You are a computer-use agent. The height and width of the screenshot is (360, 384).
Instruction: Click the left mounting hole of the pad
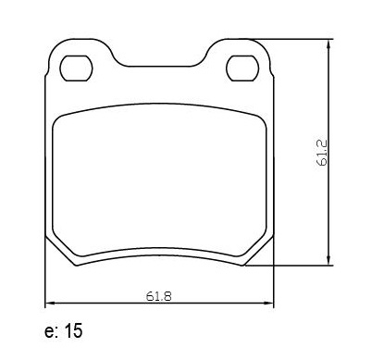[76, 68]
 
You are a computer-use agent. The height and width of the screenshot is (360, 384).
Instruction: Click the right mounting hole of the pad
[242, 68]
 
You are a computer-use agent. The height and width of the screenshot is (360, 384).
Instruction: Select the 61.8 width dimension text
[158, 296]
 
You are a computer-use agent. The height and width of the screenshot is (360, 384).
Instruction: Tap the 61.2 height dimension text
[323, 153]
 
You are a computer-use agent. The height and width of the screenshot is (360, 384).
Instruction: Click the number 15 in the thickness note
[73, 331]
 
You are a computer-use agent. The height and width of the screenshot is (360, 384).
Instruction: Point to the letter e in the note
[49, 332]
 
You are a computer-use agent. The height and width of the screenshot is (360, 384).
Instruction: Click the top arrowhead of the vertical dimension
[328, 43]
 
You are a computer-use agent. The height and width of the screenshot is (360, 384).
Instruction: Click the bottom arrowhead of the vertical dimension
[328, 261]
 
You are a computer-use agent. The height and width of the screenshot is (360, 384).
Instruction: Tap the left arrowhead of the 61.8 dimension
[50, 304]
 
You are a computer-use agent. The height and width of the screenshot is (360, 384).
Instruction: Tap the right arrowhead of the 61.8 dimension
[269, 304]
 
